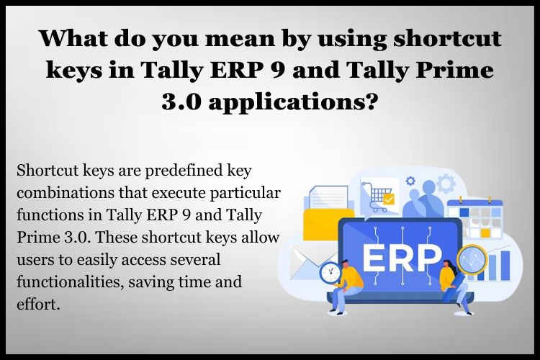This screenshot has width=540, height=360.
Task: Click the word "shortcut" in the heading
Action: click(447, 38)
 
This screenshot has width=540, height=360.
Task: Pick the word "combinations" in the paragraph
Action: click(66, 193)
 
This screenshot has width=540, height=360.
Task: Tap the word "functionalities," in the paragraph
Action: click(71, 282)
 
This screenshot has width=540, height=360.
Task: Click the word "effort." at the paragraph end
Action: click(38, 304)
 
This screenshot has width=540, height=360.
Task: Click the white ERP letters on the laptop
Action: click(402, 258)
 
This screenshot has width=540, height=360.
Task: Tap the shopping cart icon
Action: click(377, 197)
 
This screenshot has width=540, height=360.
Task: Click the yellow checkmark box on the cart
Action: click(389, 199)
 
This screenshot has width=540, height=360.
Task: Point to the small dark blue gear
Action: click(410, 181)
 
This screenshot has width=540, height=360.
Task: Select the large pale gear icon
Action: click(446, 184)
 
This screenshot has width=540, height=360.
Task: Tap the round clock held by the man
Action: click(330, 273)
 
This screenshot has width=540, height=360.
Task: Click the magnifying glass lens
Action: click(472, 260)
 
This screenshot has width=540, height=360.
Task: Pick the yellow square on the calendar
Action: click(485, 233)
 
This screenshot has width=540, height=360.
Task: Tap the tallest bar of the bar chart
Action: click(505, 265)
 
